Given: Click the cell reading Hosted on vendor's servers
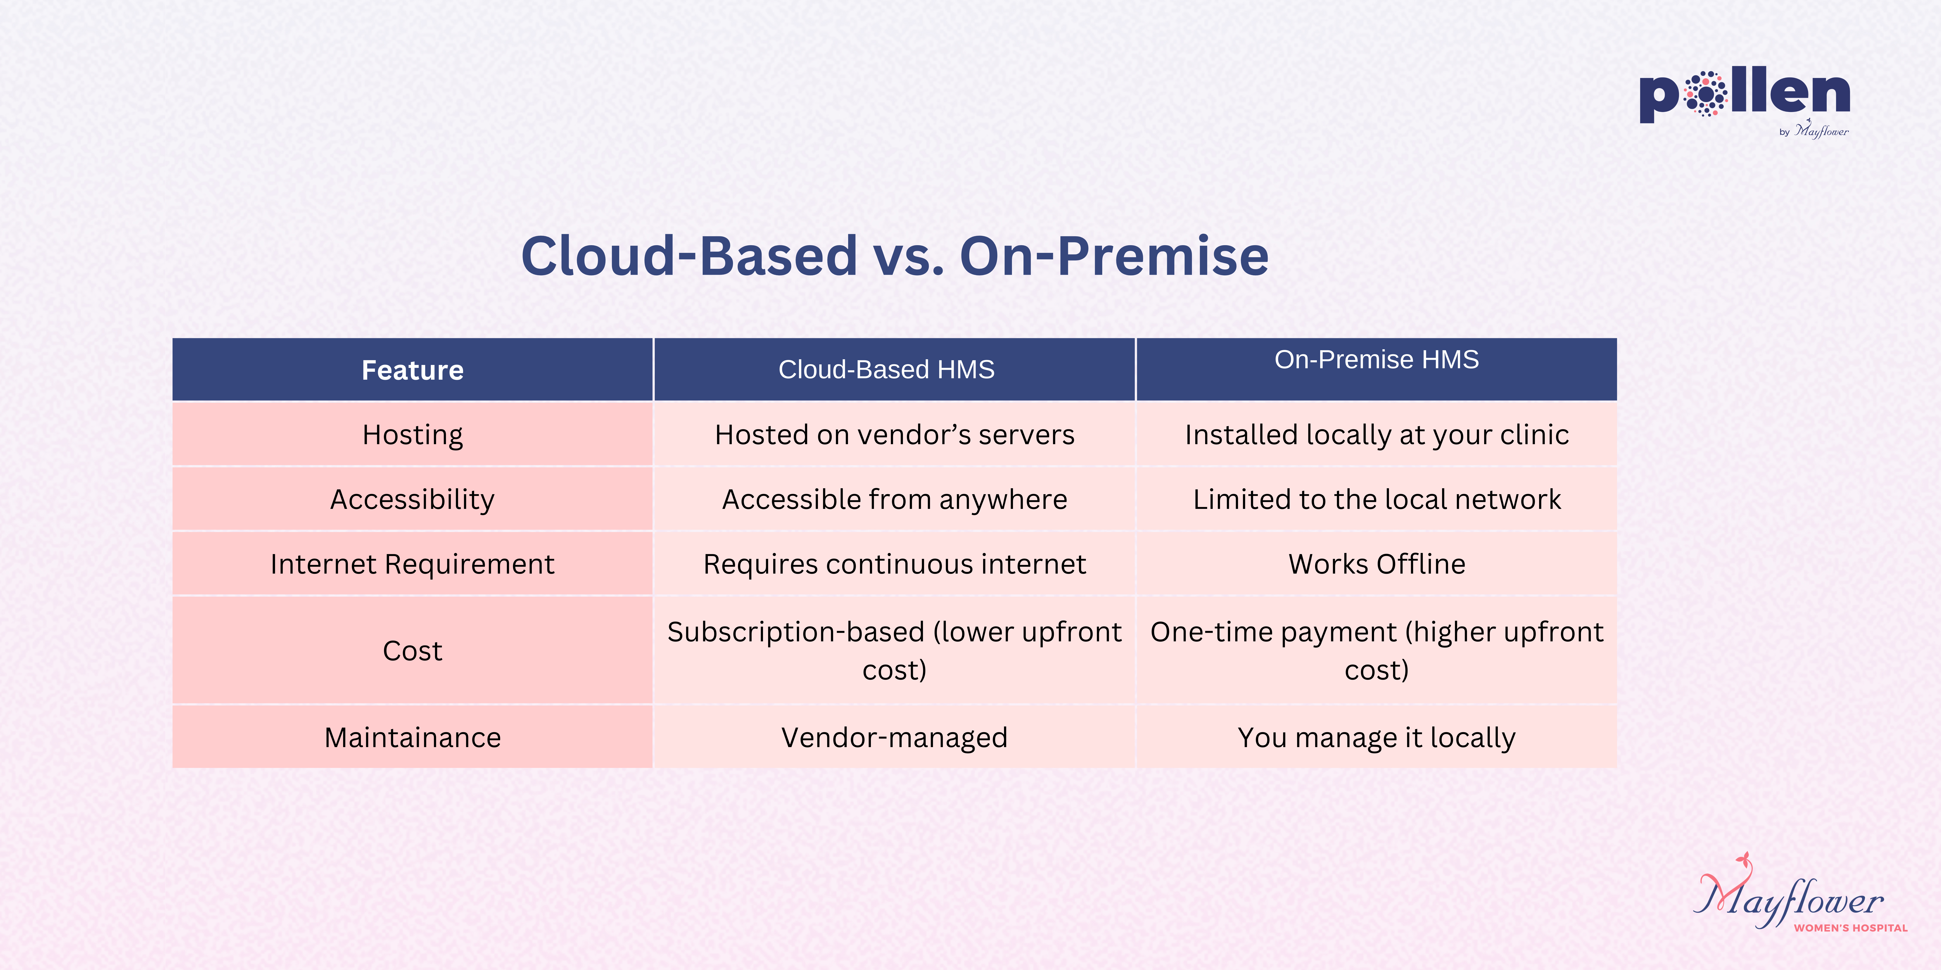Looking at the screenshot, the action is [x=894, y=435].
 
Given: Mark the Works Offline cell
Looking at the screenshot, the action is [x=1377, y=564].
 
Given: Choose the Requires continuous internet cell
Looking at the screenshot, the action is [x=894, y=564].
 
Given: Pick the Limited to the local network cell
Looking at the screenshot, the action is [x=1377, y=499].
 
